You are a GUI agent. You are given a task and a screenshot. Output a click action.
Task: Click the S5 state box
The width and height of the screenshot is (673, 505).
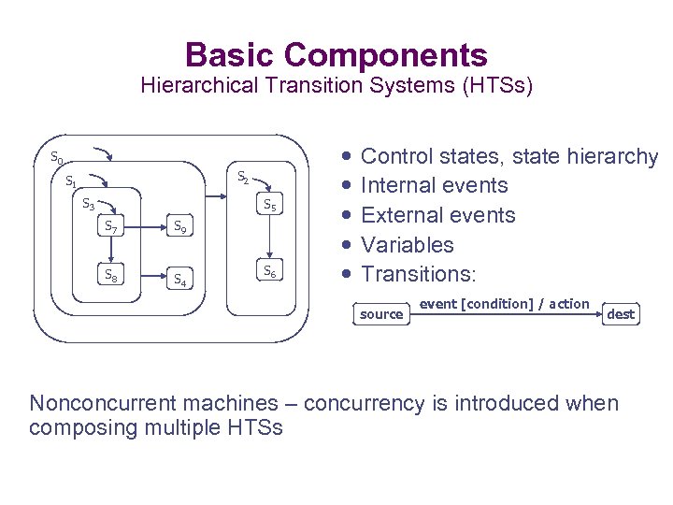pyautogui.click(x=269, y=205)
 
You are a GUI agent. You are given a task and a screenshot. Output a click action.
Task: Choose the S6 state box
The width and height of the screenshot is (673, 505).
pyautogui.click(x=269, y=272)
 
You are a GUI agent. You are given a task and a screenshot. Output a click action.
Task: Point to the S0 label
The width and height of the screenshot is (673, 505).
pyautogui.click(x=57, y=157)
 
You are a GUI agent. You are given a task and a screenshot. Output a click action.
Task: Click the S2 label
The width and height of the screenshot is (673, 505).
pyautogui.click(x=242, y=175)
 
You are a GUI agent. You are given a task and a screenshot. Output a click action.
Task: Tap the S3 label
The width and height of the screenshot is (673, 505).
pyautogui.click(x=88, y=203)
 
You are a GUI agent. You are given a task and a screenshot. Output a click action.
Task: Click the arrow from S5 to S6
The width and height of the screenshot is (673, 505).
pyautogui.click(x=269, y=238)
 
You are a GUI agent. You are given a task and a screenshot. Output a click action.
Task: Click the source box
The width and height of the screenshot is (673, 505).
pyautogui.click(x=381, y=314)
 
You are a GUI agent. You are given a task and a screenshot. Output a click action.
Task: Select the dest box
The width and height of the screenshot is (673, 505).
pyautogui.click(x=621, y=314)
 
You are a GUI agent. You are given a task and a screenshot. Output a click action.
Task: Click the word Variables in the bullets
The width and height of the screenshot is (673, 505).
pyautogui.click(x=407, y=245)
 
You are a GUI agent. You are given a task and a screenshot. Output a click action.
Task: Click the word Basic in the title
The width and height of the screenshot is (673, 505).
pyautogui.click(x=230, y=54)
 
